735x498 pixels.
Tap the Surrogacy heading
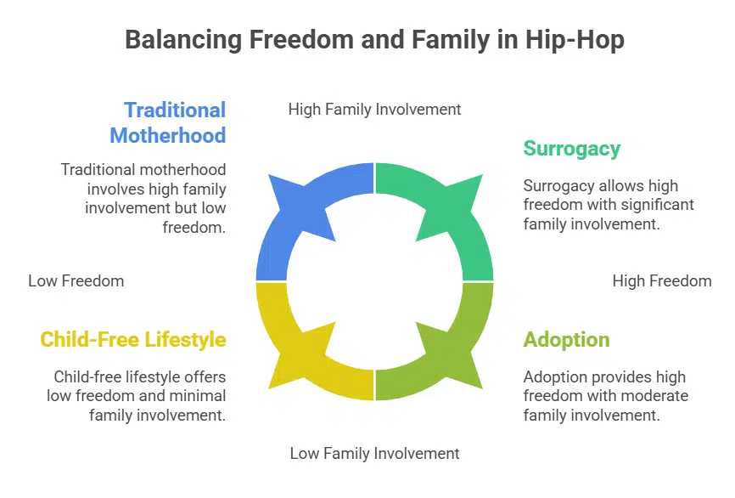tap(571, 149)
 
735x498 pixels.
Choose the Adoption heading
tap(566, 340)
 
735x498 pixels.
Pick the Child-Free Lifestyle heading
tap(133, 340)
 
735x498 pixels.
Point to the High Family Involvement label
tap(374, 109)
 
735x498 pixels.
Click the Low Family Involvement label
tap(374, 453)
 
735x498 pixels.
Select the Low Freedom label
tap(76, 280)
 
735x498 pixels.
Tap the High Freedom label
tap(662, 280)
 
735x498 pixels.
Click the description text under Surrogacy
tap(608, 205)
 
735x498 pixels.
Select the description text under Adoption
tap(604, 395)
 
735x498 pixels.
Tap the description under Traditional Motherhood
tap(144, 198)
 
